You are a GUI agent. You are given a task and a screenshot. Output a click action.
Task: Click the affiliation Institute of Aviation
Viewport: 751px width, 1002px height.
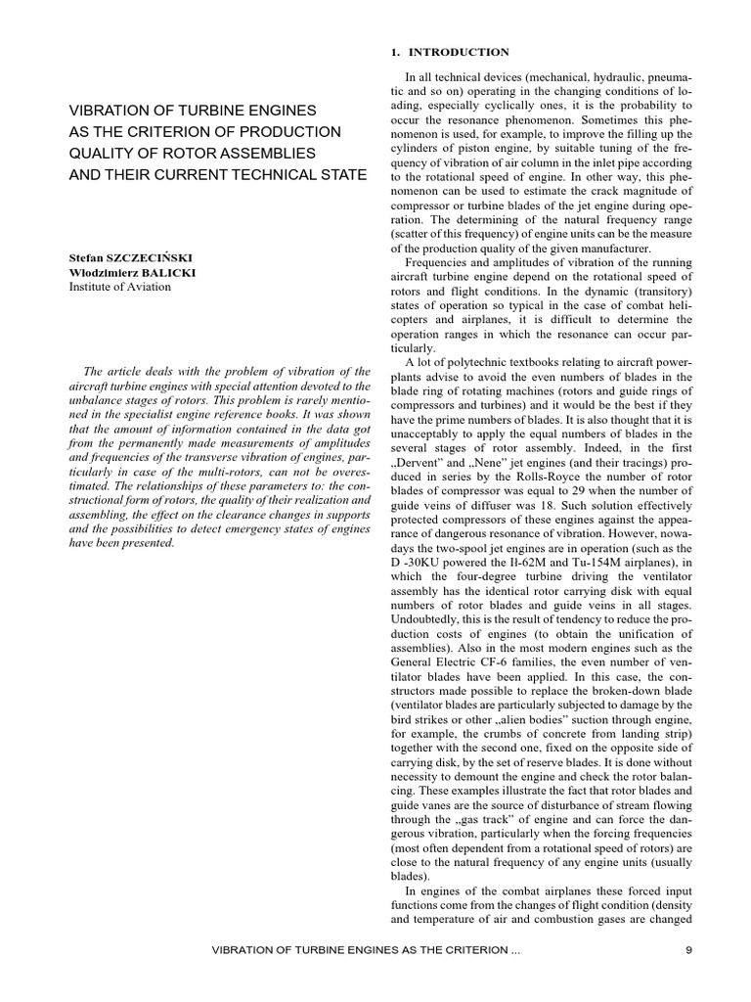coord(119,287)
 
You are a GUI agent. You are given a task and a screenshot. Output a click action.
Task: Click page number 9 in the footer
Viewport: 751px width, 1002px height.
coord(688,950)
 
